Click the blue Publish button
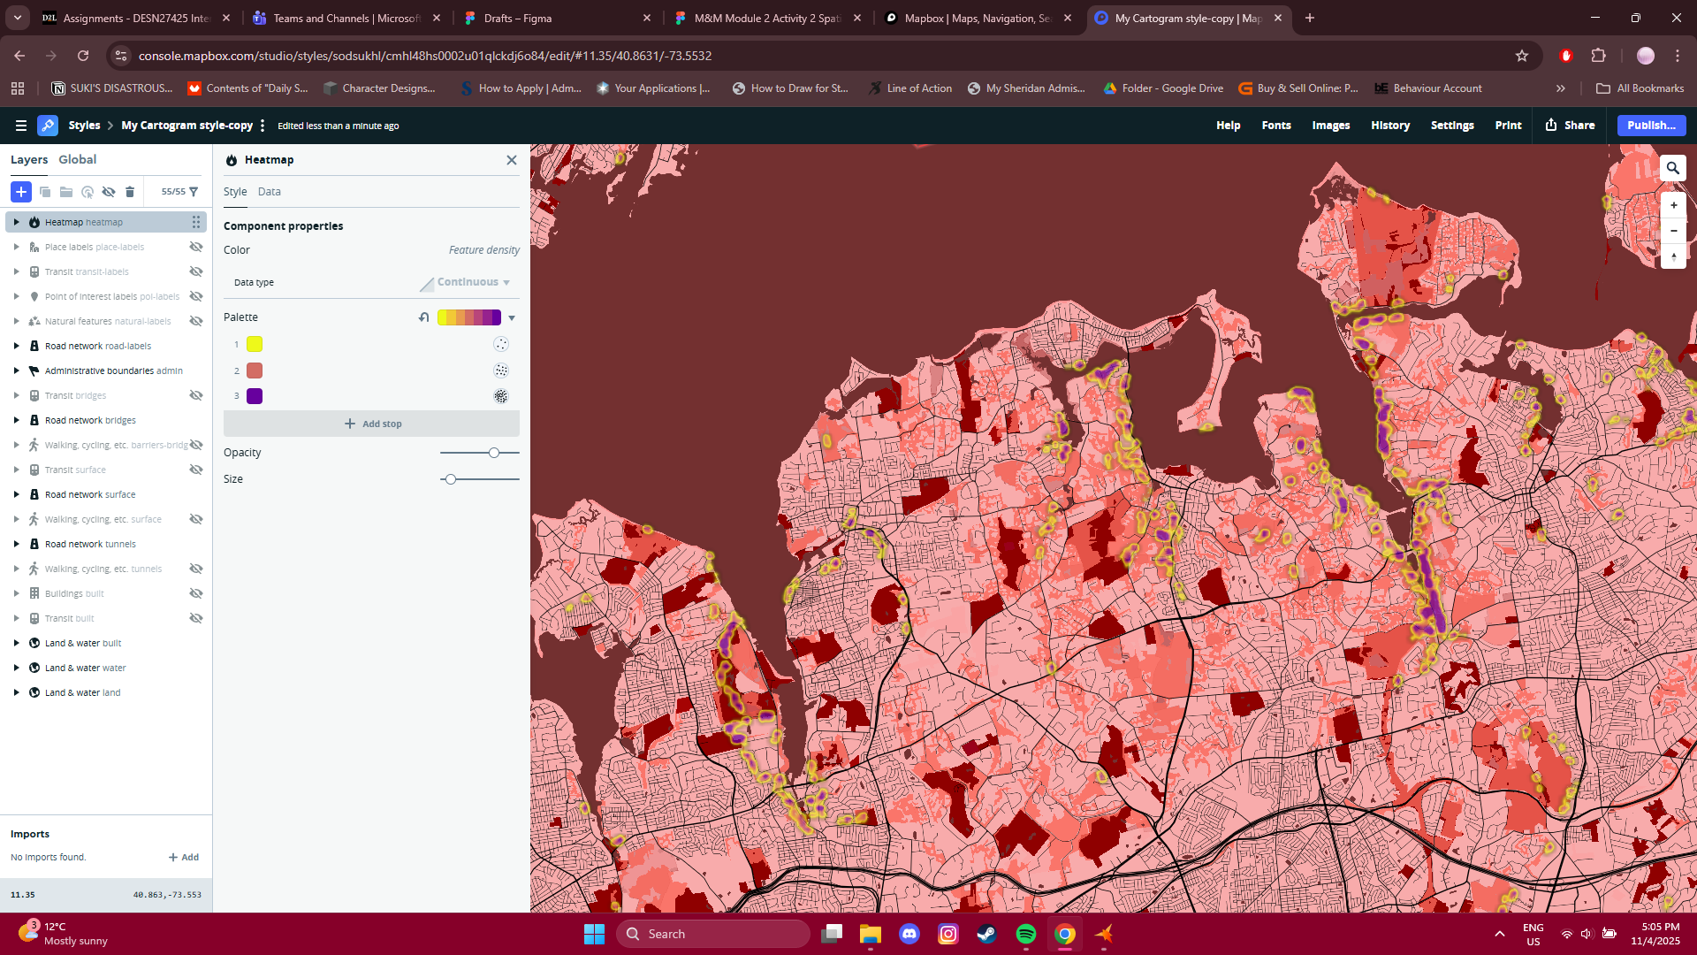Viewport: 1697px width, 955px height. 1650,126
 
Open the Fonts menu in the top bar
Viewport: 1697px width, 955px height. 1275,126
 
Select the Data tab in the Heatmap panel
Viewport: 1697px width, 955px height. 269,192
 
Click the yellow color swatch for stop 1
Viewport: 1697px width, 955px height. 255,344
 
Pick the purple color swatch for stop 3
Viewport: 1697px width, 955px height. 255,396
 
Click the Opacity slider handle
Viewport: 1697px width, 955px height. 494,453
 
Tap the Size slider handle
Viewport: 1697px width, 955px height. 451,479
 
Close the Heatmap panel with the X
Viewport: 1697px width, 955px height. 511,160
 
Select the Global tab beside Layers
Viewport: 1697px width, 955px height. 77,160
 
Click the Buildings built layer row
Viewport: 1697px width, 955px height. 74,593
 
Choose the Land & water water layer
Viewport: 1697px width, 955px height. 85,668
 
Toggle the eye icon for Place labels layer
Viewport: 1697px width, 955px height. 196,247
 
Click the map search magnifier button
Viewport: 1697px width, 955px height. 1672,168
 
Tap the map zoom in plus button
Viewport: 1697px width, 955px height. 1673,205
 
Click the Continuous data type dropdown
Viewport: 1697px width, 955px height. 473,282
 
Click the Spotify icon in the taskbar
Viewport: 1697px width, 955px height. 1025,934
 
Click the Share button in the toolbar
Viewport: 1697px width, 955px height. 1570,126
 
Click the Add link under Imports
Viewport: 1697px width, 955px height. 184,857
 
